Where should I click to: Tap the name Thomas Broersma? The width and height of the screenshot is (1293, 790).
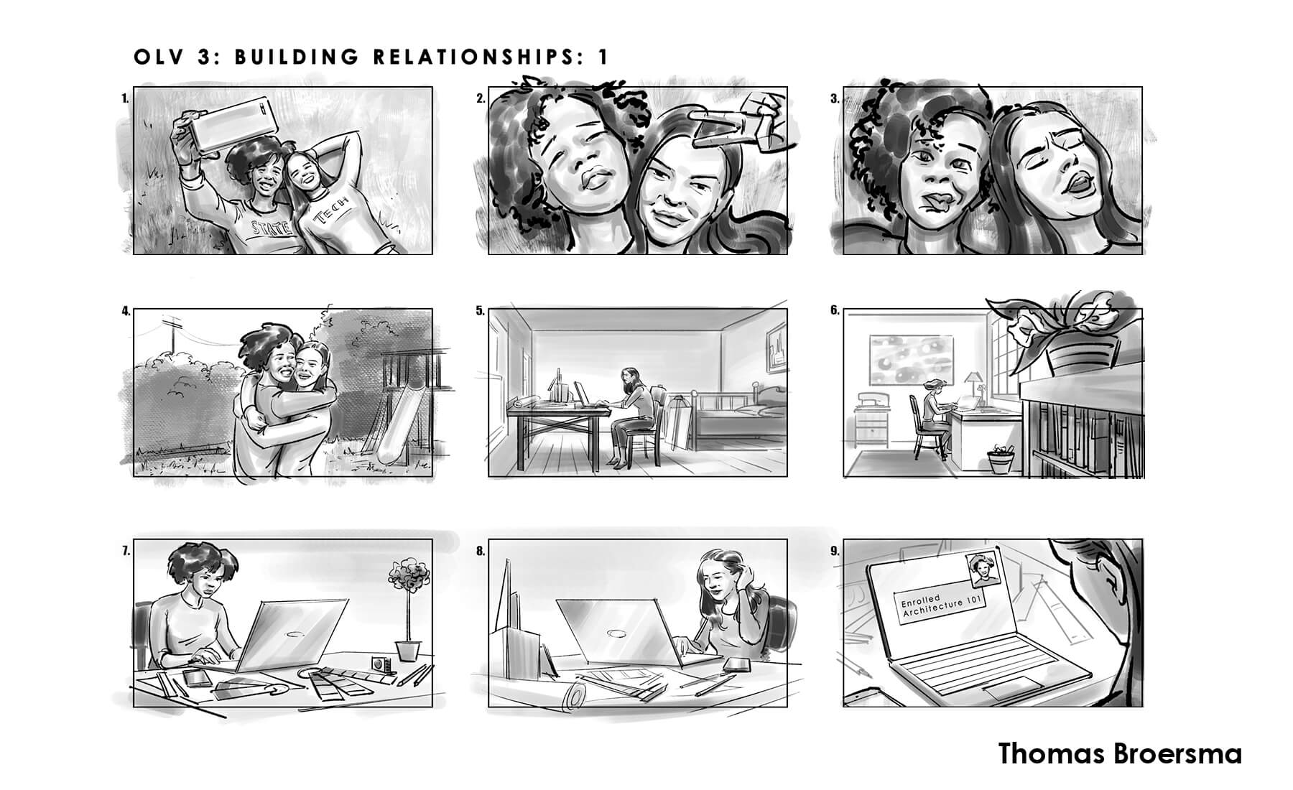pos(1120,755)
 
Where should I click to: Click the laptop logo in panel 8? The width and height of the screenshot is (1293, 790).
pos(616,634)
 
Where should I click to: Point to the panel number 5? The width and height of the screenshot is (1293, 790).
pos(479,312)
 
